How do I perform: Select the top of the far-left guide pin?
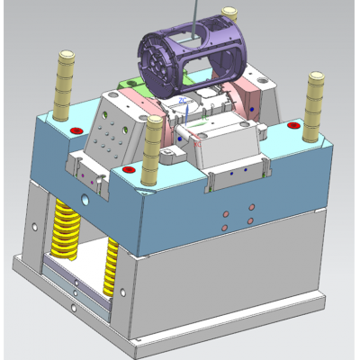click(x=66, y=57)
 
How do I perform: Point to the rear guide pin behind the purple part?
click(x=231, y=18)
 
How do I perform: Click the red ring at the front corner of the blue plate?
click(x=129, y=168)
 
